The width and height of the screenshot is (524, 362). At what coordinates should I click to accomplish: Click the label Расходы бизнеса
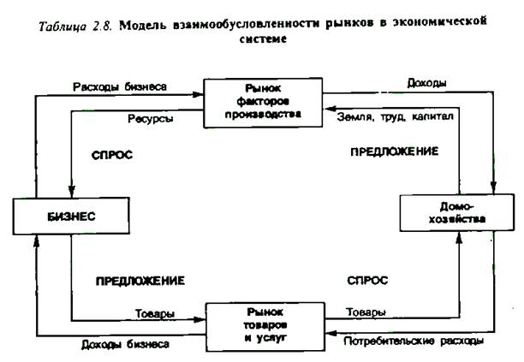(119, 86)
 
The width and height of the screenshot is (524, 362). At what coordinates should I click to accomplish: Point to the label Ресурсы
(151, 119)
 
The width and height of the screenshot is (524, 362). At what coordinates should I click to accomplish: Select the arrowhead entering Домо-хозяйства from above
(494, 189)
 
